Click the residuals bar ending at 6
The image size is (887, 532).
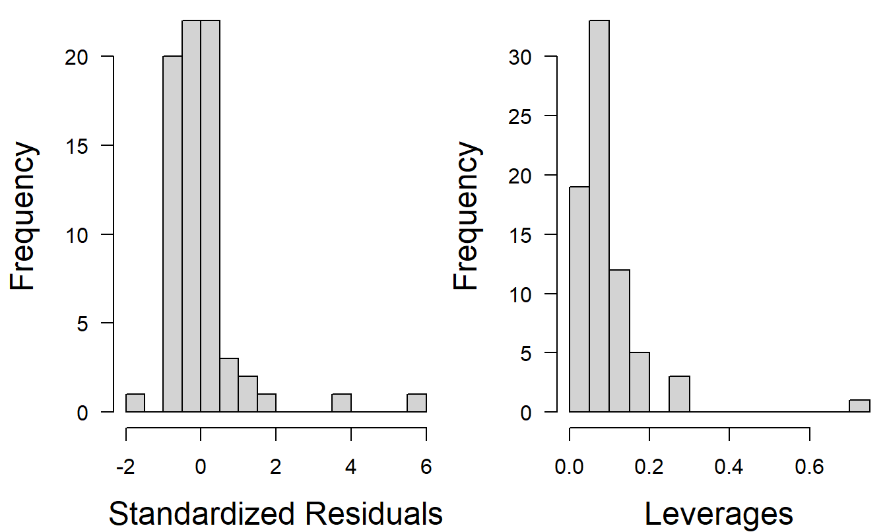[416, 403]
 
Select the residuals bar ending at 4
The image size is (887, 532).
[341, 403]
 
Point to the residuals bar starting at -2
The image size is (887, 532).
[135, 403]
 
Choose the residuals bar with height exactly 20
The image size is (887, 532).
[173, 234]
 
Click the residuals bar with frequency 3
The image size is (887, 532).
[229, 385]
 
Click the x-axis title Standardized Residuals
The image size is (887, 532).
[275, 514]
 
